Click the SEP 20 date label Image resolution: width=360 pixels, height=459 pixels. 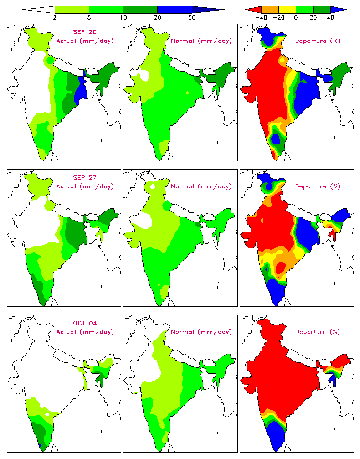[84, 32]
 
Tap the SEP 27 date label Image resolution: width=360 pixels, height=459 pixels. [84, 177]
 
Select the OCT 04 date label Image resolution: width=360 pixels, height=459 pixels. [84, 323]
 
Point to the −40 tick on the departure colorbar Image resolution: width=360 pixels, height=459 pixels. [261, 17]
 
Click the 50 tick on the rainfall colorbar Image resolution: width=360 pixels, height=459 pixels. [192, 17]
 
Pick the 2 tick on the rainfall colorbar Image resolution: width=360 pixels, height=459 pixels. [55, 17]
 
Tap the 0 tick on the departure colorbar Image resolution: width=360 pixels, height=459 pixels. [296, 17]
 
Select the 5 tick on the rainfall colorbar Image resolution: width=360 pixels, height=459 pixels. [89, 17]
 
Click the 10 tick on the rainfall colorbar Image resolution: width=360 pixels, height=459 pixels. [123, 17]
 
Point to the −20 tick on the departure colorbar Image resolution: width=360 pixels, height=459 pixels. [278, 17]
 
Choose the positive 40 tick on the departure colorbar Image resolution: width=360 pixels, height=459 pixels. [330, 17]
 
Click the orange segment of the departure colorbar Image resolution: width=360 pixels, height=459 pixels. [270, 9]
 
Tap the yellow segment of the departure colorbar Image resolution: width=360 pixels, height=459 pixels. [287, 9]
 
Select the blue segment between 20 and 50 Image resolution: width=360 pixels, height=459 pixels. [175, 9]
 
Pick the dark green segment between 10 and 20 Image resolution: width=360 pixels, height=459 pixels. [140, 9]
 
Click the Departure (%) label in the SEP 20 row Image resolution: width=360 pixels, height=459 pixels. [317, 41]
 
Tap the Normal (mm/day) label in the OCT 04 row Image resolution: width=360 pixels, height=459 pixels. [201, 332]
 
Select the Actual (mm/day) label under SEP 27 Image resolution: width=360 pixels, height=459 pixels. [84, 186]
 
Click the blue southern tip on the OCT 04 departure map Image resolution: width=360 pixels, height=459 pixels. [277, 435]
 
